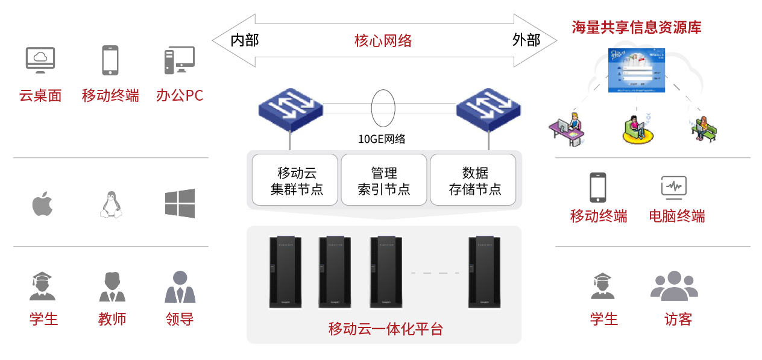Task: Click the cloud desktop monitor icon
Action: tap(40, 60)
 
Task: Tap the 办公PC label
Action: tap(180, 95)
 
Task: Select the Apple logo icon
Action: tap(42, 204)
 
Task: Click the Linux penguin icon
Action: tap(110, 204)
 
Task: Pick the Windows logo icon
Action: tap(180, 203)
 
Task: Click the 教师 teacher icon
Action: tap(112, 287)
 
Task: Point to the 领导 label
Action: tap(180, 319)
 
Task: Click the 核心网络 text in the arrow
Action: tap(383, 40)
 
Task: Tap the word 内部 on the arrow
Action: tap(245, 40)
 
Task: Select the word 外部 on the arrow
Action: tap(526, 40)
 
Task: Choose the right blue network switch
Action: tap(488, 108)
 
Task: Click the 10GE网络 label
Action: tap(382, 139)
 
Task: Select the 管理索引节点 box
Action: tap(384, 180)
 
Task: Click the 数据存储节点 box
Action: tap(473, 180)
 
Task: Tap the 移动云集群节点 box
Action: tap(295, 180)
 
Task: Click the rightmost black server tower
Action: tap(485, 272)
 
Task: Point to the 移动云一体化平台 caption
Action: tap(385, 329)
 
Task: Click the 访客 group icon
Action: tap(674, 286)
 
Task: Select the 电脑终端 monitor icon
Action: tap(673, 188)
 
